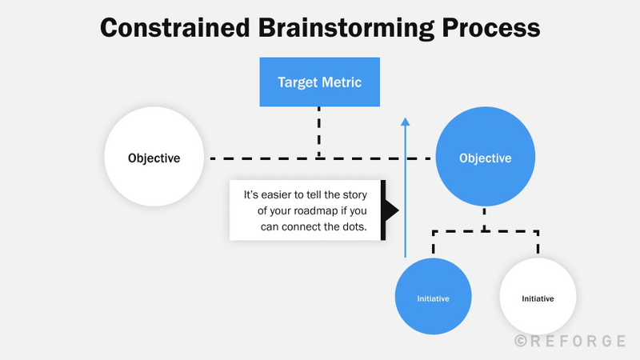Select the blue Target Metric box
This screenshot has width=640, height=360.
point(319,82)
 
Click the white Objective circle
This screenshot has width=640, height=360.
point(154,158)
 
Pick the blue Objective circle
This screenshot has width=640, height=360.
point(485,158)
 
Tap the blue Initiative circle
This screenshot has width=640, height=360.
point(433,298)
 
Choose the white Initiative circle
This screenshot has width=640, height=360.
point(538,298)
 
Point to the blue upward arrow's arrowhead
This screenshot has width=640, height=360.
point(406,122)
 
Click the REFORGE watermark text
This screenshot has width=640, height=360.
point(577,341)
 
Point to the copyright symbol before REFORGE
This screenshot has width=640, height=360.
point(520,341)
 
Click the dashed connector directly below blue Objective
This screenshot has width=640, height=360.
point(485,219)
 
